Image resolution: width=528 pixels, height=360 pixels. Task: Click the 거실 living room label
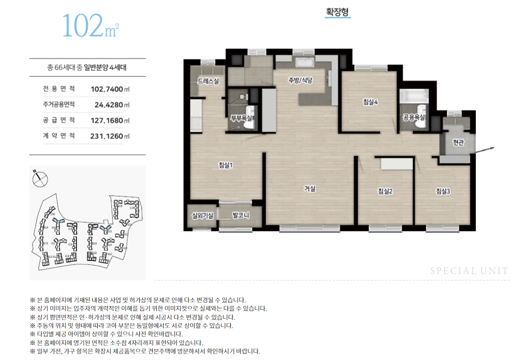pos(310,189)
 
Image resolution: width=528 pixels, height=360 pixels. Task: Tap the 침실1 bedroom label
pos(225,166)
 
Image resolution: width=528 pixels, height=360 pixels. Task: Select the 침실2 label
pos(385,191)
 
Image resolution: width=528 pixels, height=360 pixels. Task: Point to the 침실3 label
pos(443,191)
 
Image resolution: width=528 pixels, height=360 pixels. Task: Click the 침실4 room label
pos(370,102)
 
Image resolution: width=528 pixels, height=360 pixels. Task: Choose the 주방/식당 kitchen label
pos(301,80)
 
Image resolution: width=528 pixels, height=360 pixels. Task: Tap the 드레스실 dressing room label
pos(208,81)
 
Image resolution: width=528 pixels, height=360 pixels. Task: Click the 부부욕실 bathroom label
pos(241,118)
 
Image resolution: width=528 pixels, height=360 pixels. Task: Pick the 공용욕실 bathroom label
pos(414,118)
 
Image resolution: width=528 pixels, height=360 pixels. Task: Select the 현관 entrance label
pos(458,143)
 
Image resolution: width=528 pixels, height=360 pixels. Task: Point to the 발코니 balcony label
pos(241,215)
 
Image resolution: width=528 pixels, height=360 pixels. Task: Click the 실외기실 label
pos(202,215)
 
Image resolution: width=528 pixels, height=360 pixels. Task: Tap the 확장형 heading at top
pos(337,12)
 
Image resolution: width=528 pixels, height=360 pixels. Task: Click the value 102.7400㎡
pos(110,89)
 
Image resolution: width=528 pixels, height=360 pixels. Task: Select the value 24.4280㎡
pos(112,105)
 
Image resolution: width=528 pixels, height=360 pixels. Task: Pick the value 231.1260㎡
pos(110,136)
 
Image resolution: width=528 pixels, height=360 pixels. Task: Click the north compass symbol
pos(40,179)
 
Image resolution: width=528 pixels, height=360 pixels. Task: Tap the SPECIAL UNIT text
pos(469,271)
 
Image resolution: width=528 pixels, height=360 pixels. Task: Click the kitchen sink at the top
pos(305,63)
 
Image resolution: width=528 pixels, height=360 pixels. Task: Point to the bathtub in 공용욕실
pos(414,95)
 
